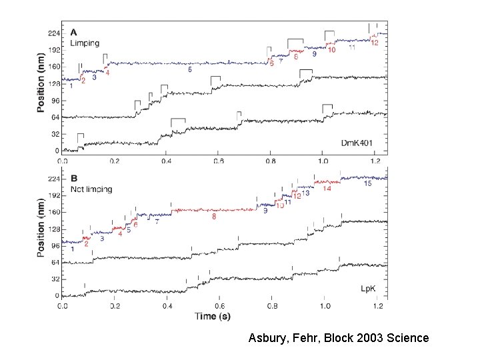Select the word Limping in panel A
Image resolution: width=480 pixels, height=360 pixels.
click(84, 43)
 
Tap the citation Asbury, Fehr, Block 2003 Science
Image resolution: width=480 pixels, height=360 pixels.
click(339, 338)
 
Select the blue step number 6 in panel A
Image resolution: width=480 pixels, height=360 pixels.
click(190, 69)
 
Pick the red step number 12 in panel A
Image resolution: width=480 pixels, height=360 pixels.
click(375, 43)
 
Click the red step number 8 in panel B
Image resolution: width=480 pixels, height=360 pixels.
click(213, 217)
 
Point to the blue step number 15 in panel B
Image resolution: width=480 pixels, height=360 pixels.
click(367, 184)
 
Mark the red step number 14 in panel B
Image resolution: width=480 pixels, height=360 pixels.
click(327, 189)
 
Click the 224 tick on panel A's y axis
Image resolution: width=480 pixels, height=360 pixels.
click(51, 33)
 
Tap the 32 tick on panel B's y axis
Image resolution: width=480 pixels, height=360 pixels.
click(53, 279)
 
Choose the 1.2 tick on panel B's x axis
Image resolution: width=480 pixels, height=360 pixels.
click(377, 306)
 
